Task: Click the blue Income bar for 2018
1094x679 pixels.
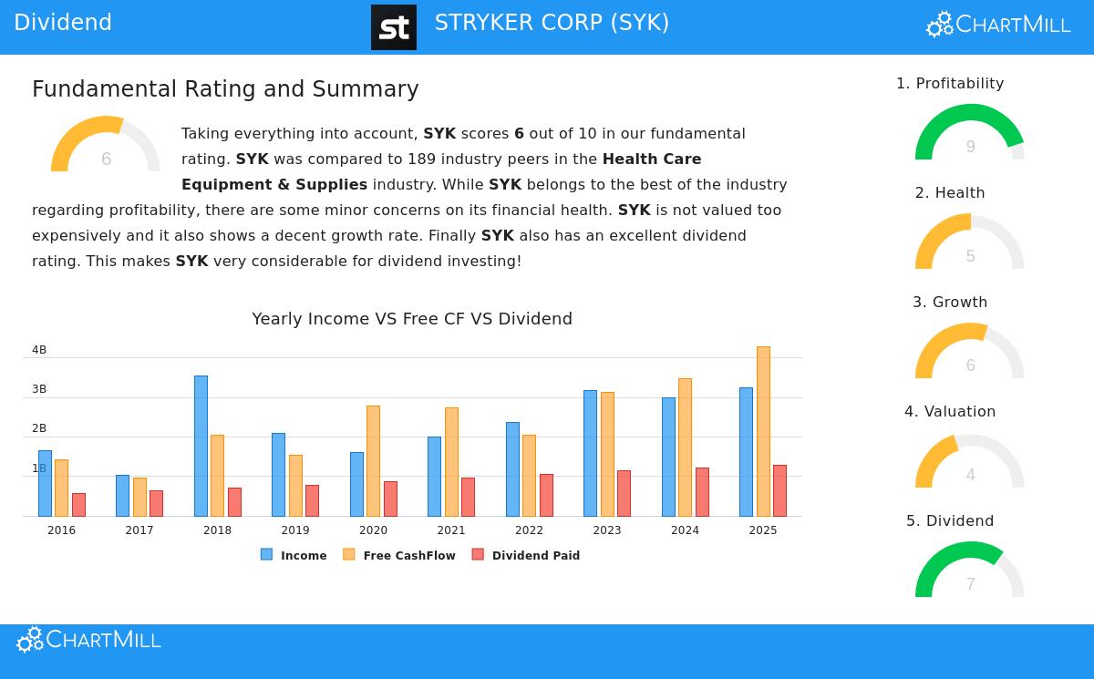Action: tap(201, 446)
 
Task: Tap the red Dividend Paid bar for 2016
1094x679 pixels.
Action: tap(78, 505)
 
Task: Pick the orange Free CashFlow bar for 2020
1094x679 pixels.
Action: tap(373, 461)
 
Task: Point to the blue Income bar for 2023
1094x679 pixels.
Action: tap(590, 453)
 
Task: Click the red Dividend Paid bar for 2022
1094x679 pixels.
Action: tap(546, 495)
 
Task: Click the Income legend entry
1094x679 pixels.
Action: tap(294, 555)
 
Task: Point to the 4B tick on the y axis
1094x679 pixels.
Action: tap(39, 350)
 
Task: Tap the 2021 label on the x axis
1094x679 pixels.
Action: tap(450, 530)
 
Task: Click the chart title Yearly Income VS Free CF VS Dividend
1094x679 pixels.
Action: tap(412, 319)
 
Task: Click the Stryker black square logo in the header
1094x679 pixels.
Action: tap(394, 27)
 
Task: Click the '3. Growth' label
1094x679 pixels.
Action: tap(950, 303)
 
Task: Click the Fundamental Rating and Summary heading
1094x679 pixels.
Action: tap(225, 89)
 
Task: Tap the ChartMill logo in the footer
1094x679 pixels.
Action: tap(88, 640)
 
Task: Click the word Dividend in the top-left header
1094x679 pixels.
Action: tap(63, 23)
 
